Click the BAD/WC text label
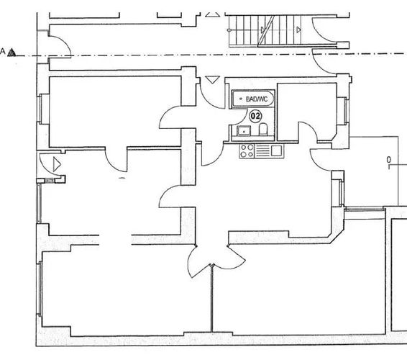point(256,99)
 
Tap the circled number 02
point(255,116)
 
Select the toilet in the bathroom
point(263,129)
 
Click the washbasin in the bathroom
point(244,130)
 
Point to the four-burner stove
point(247,151)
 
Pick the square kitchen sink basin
point(277,150)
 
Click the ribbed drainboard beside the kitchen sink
point(262,151)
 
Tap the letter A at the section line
point(3,51)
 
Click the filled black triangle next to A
point(12,53)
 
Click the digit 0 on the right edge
point(388,160)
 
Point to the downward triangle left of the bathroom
point(213,80)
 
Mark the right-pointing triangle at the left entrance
point(57,164)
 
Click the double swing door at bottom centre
point(216,261)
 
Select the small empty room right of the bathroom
point(307,112)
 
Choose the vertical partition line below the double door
point(212,298)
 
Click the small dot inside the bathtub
point(241,99)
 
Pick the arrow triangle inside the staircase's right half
point(298,30)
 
